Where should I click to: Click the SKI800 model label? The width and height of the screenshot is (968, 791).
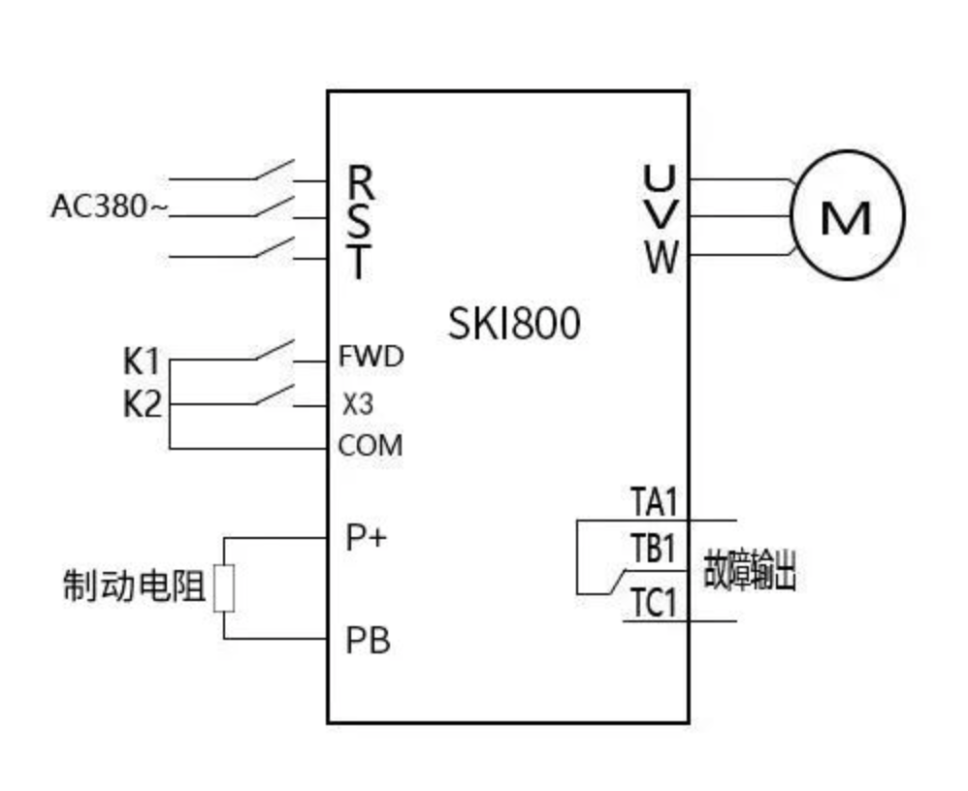[x=514, y=324]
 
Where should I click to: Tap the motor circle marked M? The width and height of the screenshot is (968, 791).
[x=847, y=215]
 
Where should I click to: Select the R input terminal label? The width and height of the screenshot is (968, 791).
[x=361, y=180]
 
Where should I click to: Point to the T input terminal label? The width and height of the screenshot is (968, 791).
[x=360, y=263]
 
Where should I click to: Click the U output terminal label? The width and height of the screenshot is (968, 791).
[x=661, y=178]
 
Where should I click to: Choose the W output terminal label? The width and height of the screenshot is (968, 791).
[x=661, y=259]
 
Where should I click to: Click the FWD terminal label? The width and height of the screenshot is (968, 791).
[x=371, y=357]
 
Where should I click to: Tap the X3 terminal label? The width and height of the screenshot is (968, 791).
[x=357, y=404]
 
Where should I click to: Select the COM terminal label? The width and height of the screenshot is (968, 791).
[x=370, y=447]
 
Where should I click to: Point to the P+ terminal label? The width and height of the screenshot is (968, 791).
[x=366, y=537]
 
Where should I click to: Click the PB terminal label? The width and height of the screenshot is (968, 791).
[x=368, y=641]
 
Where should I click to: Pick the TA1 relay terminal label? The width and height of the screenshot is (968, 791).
[x=654, y=503]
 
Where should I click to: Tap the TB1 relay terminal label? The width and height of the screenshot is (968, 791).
[x=654, y=550]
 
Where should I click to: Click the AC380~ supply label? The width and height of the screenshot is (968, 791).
[x=109, y=207]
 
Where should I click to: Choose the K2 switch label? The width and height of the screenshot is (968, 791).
[x=142, y=404]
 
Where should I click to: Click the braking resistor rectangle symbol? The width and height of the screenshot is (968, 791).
[x=224, y=587]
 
